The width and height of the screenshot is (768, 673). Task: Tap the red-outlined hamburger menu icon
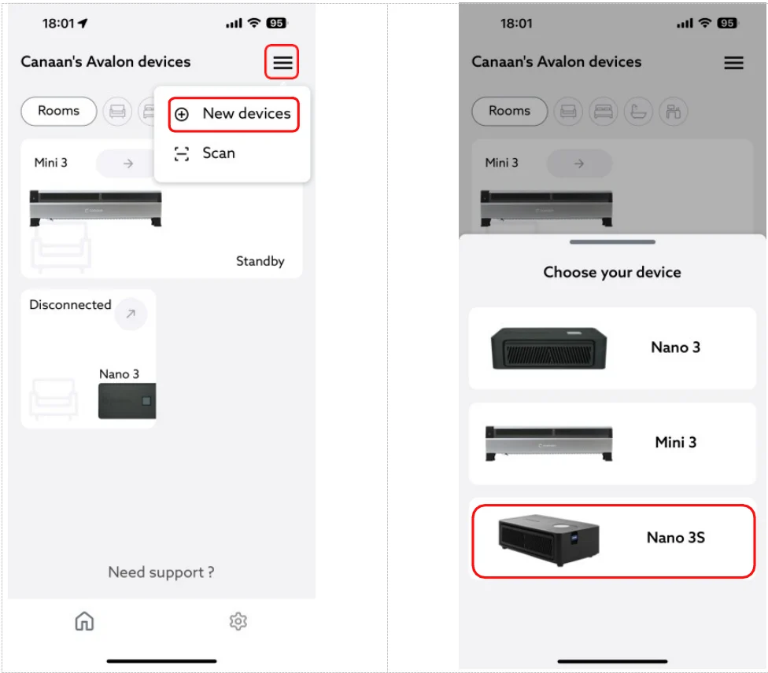coord(282,62)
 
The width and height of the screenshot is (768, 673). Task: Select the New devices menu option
coord(246,113)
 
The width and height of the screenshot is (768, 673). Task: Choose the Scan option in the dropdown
coord(219,153)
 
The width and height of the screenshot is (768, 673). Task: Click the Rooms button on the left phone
coord(59,111)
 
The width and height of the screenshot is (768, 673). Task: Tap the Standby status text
coord(260,261)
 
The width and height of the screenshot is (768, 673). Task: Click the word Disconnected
coord(70,304)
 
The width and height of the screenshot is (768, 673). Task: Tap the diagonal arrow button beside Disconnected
coord(131,314)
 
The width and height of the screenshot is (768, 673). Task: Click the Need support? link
coord(161,572)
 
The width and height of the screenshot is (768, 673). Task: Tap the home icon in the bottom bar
coord(84,621)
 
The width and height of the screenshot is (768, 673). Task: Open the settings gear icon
coord(238,621)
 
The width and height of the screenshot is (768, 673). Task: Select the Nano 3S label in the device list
coord(675,538)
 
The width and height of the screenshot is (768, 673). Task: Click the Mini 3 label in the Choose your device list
coord(675,443)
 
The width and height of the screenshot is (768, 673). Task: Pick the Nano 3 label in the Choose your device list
coord(675,348)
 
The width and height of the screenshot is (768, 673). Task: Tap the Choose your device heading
coord(611,272)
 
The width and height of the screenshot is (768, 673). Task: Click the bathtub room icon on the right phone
coord(638,112)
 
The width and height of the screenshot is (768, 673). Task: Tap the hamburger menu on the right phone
coord(733,63)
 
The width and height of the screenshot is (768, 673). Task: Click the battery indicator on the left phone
coord(276,23)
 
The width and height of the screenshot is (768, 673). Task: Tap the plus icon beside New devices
coord(182,114)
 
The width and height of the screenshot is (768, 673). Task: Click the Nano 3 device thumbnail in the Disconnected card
coord(127,401)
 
